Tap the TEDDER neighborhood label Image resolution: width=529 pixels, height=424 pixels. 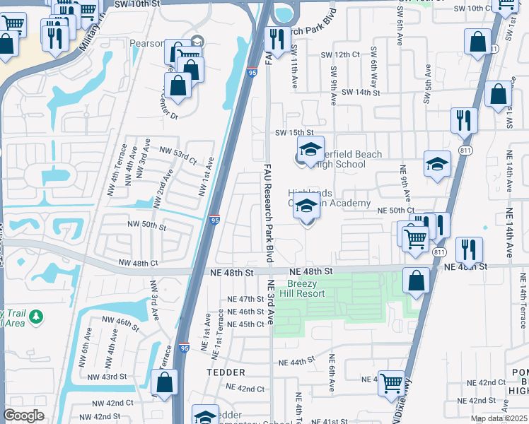226,372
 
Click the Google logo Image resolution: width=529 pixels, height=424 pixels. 24,416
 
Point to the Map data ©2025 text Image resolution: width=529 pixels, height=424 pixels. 499,418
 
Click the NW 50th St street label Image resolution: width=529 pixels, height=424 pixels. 146,225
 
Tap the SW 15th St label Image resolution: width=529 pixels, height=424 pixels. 293,132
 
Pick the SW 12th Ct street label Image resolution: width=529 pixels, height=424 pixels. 340,55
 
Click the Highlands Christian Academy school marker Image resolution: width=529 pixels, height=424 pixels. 306,208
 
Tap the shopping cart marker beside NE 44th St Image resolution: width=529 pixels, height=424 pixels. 391,384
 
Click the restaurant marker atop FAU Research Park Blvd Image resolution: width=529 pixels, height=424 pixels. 276,38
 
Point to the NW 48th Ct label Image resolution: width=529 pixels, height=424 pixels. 138,263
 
